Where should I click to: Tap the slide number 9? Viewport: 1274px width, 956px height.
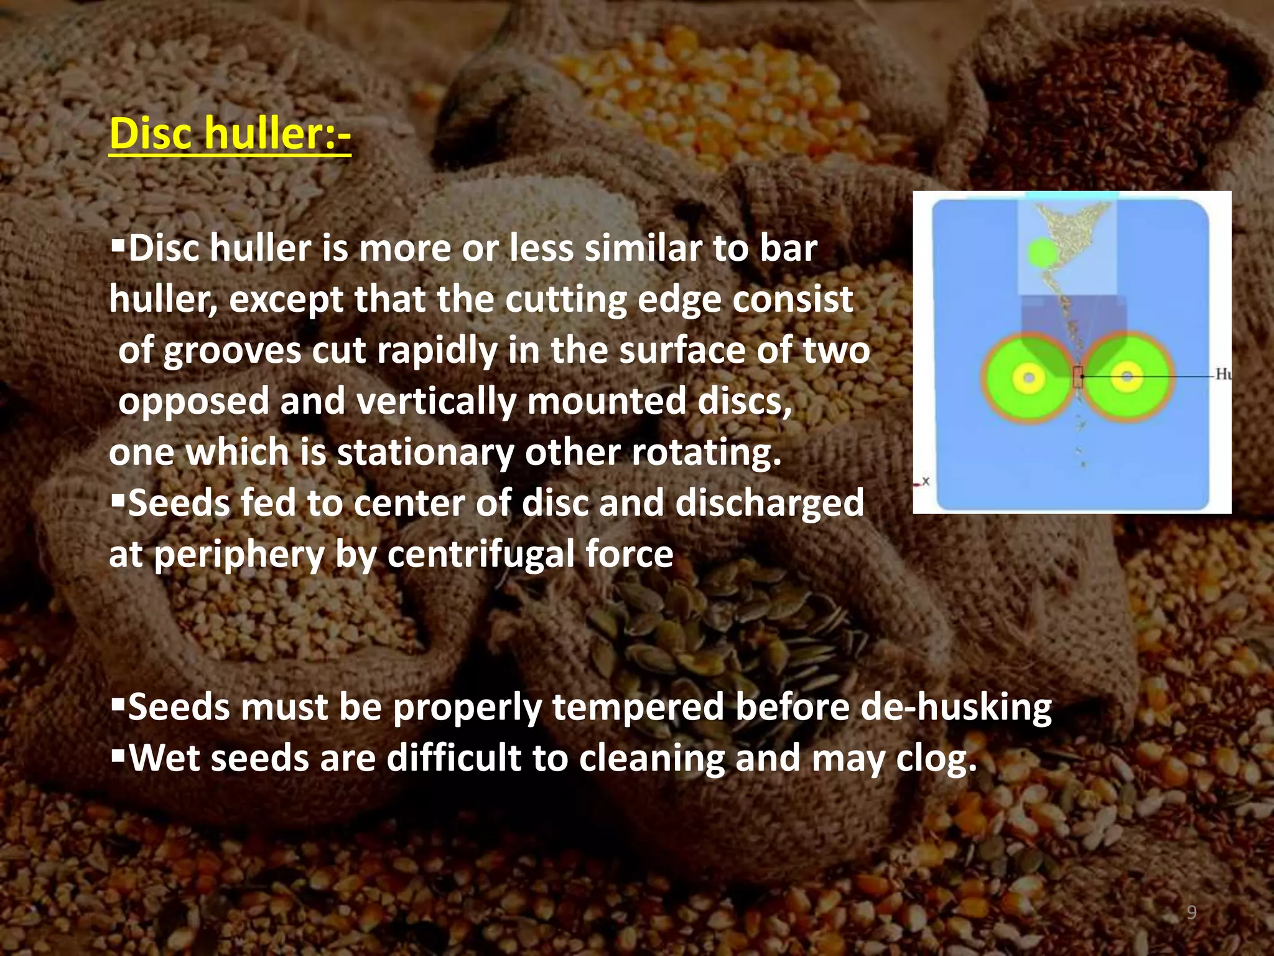1191,912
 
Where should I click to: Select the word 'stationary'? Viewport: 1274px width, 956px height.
425,452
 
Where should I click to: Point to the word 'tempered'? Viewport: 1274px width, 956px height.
638,708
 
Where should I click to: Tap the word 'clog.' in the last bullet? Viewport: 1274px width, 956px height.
936,759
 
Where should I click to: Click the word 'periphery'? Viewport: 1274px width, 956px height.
239,555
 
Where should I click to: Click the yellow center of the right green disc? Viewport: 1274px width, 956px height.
1127,377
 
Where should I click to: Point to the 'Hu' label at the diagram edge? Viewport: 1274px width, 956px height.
1222,374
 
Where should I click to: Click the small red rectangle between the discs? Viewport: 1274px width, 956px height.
1078,377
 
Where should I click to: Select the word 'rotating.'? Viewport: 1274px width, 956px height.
707,452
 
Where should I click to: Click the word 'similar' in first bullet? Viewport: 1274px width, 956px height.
643,248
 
